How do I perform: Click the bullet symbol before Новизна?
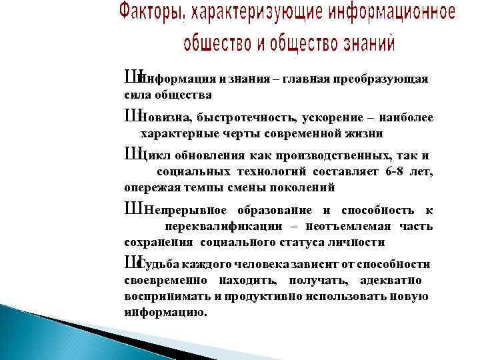pyautogui.click(x=131, y=117)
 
